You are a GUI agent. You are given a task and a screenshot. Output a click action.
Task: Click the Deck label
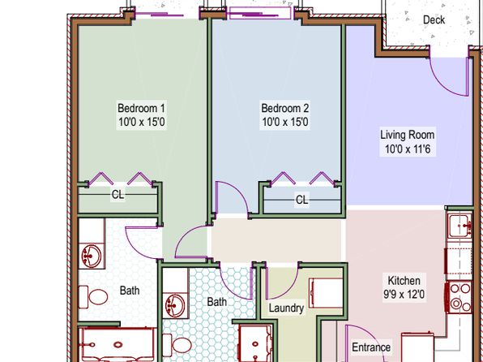434,20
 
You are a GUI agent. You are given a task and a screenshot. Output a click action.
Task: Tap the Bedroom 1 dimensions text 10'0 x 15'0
142,122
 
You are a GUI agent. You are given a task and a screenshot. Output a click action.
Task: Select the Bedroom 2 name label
285,108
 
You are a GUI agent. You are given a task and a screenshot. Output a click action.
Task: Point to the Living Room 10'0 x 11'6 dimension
408,149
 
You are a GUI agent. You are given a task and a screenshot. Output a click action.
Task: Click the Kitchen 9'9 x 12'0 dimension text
404,294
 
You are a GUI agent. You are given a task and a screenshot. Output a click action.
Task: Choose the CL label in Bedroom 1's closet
118,195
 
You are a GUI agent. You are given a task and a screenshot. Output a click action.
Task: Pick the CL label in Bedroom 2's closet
301,200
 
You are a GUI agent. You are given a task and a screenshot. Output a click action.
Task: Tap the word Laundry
286,308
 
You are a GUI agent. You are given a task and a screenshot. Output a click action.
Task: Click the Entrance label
371,347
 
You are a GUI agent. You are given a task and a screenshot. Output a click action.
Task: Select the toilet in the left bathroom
93,297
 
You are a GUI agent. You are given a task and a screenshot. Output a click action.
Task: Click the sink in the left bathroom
92,256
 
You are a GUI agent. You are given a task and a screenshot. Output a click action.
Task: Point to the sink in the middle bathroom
175,305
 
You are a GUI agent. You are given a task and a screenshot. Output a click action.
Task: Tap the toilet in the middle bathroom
177,345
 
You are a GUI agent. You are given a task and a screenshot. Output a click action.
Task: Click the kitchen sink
460,226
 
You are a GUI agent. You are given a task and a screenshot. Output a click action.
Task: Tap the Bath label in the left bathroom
130,291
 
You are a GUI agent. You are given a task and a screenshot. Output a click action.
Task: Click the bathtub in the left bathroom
118,344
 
